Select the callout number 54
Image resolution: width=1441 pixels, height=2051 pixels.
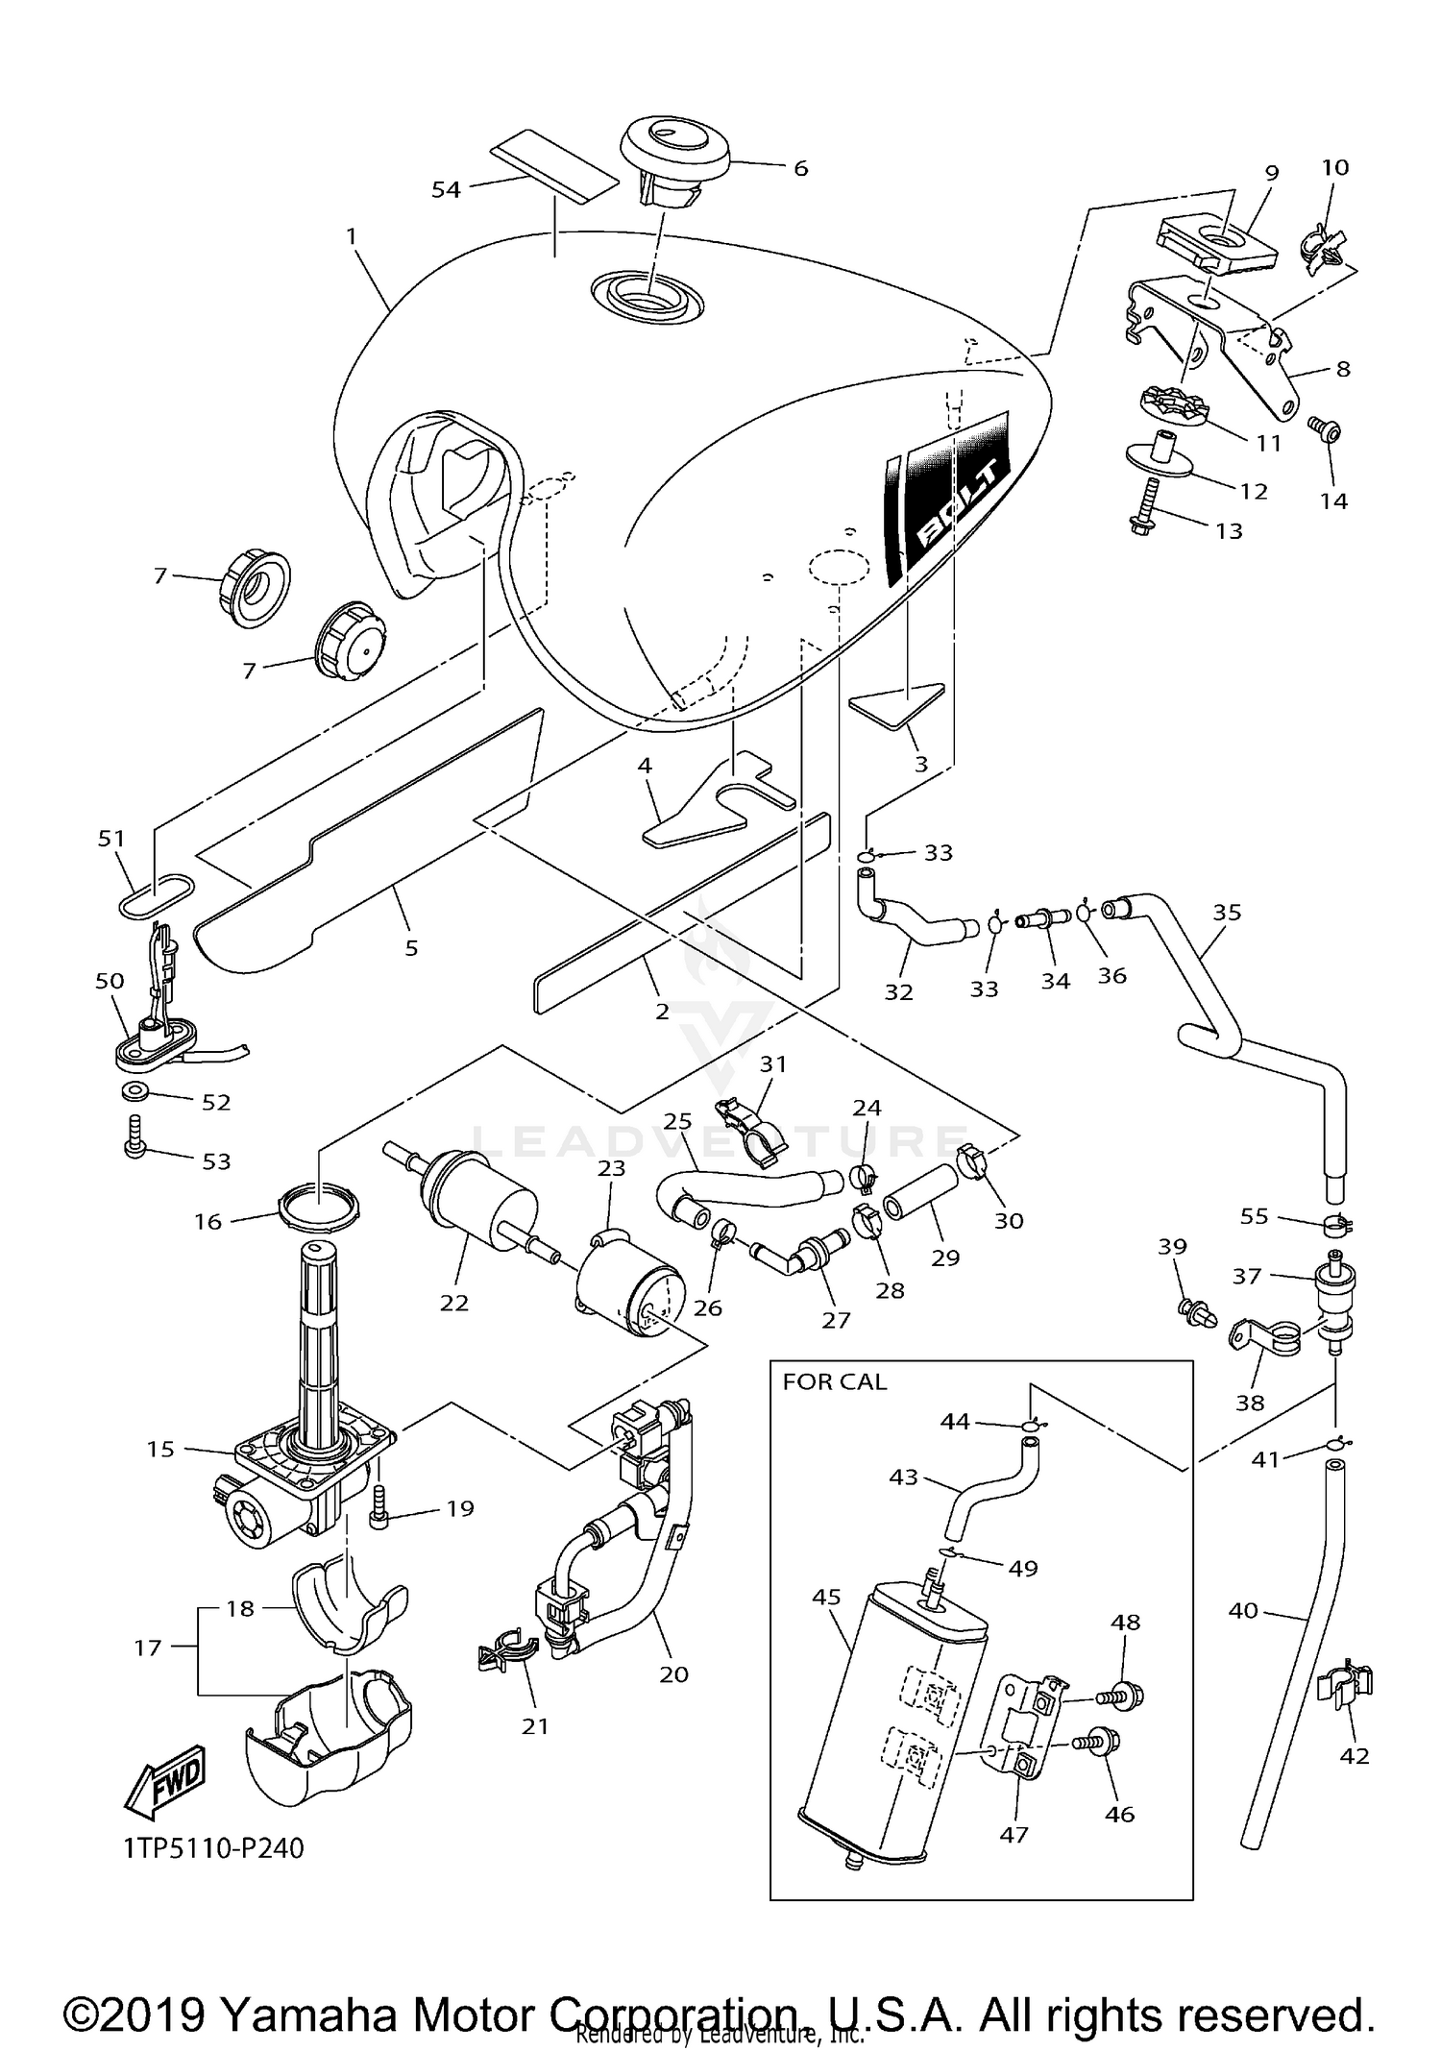(446, 189)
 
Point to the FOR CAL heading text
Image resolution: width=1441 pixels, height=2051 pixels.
(834, 1381)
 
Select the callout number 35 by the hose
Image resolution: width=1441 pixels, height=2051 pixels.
(1227, 912)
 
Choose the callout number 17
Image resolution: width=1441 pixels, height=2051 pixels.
(147, 1647)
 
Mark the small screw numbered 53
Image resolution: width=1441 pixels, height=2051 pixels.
(134, 1135)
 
